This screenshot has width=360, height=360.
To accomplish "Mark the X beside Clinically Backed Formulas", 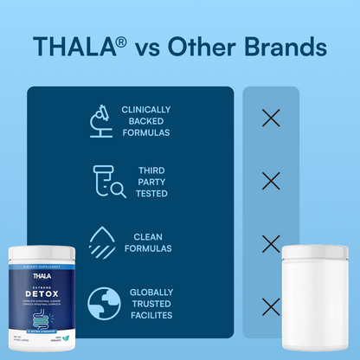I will click(271, 119).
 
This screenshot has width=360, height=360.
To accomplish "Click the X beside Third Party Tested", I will click(271, 181).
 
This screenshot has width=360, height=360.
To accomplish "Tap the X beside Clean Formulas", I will click(271, 243).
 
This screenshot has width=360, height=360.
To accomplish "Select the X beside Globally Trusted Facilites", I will click(271, 305).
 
